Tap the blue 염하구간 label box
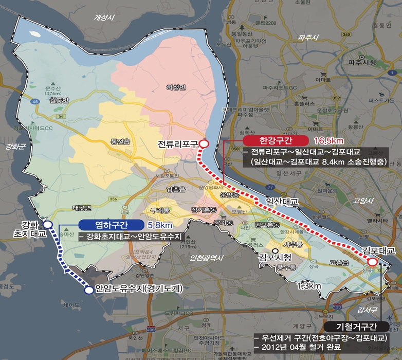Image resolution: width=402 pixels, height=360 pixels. click(x=111, y=225)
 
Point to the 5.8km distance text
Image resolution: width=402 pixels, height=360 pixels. click(x=159, y=225)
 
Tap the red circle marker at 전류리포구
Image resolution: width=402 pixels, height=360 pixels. click(x=204, y=144)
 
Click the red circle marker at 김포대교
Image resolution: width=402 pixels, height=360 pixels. click(x=372, y=262)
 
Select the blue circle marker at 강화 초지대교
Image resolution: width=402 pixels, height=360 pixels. click(x=48, y=224)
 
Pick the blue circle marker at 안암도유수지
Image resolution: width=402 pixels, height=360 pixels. click(x=89, y=290)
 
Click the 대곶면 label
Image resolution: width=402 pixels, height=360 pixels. click(x=82, y=208)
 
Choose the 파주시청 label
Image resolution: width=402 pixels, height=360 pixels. click(x=362, y=63)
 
